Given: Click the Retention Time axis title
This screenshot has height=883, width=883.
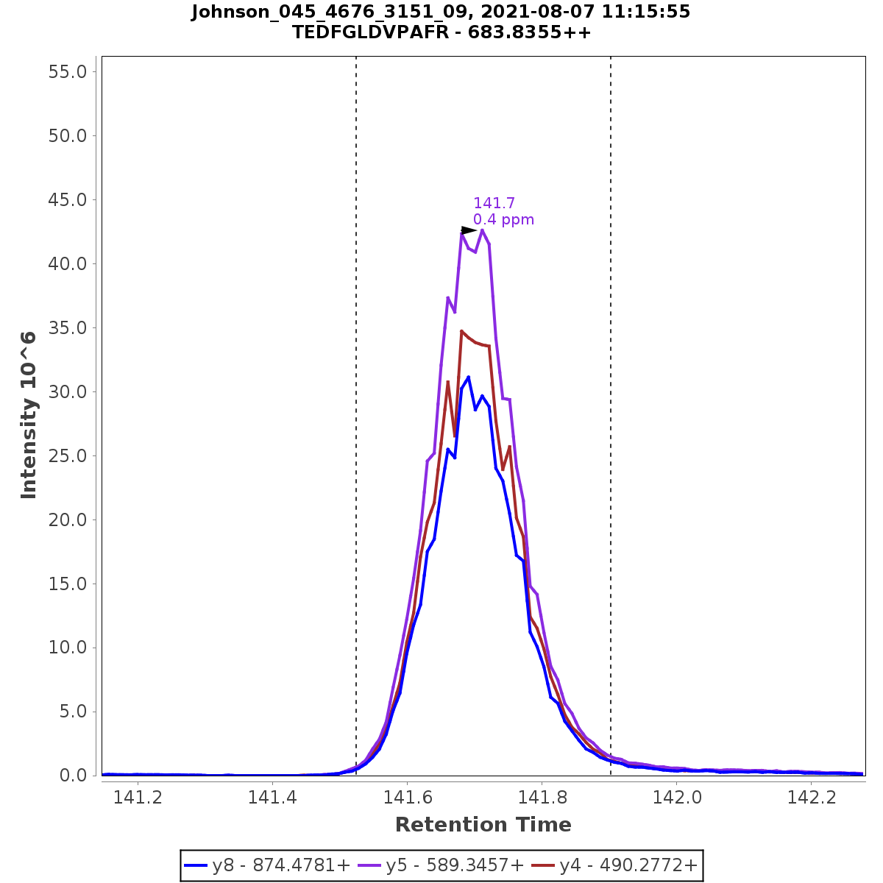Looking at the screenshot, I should tap(483, 825).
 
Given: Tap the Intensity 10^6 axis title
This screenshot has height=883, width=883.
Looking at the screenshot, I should tap(29, 415).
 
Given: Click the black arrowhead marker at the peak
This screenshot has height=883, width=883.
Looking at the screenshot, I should tap(469, 230).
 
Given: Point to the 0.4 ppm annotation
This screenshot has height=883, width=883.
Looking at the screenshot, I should tap(503, 220).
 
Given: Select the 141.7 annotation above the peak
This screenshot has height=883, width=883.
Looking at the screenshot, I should tap(494, 203).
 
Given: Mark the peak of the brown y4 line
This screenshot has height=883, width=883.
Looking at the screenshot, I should tap(461, 331).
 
